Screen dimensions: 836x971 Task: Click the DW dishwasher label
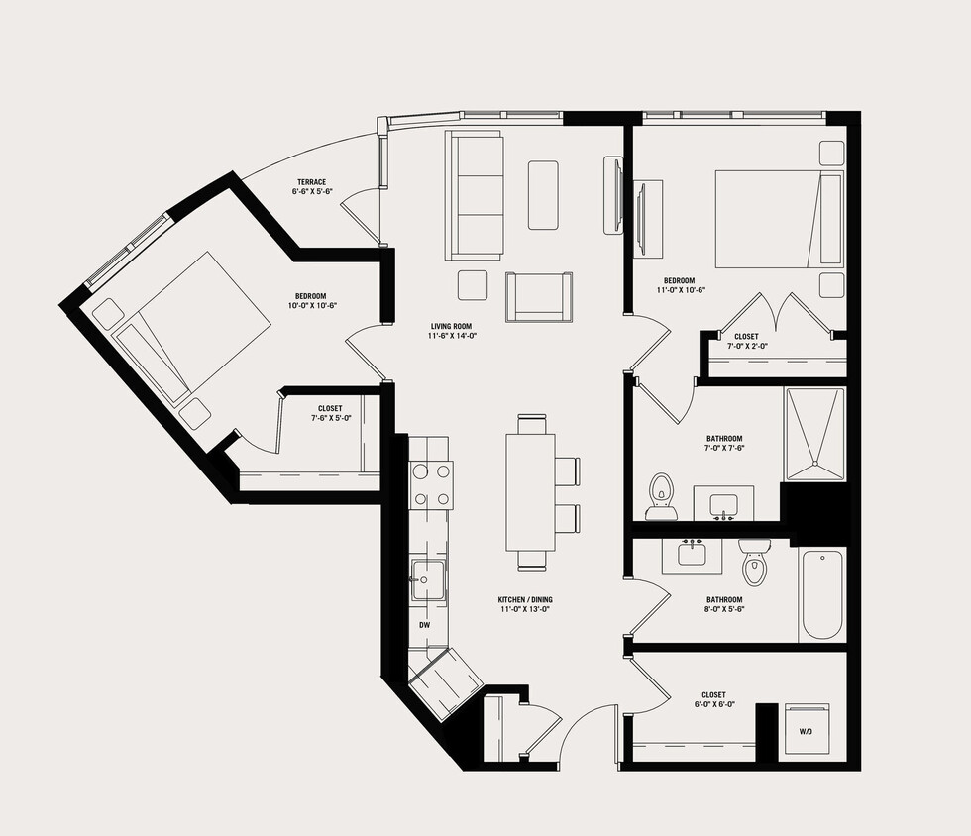(424, 626)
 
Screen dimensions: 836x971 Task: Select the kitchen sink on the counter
(428, 575)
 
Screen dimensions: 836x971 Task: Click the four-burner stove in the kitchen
(431, 485)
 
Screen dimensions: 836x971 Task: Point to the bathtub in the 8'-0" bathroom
(821, 595)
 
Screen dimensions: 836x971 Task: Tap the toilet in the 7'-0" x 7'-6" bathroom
(660, 495)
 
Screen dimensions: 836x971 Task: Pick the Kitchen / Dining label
(524, 605)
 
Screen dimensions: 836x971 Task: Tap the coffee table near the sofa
(543, 194)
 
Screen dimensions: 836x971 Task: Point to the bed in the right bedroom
(778, 219)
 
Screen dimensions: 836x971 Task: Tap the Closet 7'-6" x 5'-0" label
(330, 413)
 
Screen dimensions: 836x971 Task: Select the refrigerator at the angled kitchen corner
(446, 682)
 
